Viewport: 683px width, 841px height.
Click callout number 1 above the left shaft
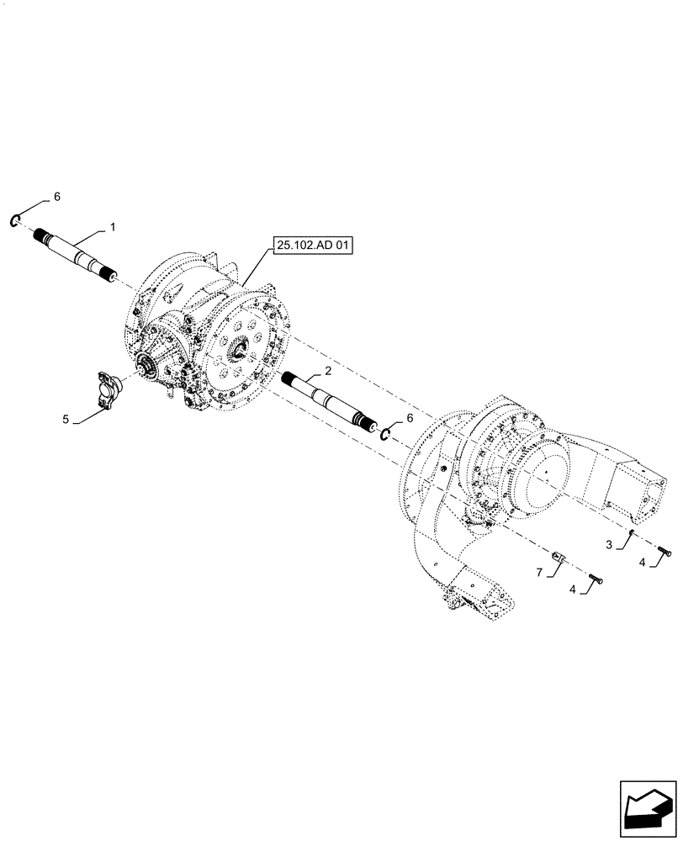pos(112,228)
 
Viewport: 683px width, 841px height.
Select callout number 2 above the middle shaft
pos(328,371)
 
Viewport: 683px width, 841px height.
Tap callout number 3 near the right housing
pos(609,545)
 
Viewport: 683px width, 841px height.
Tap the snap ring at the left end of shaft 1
pos(15,221)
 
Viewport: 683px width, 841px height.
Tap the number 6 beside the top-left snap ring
pos(56,196)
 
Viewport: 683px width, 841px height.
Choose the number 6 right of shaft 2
pos(410,417)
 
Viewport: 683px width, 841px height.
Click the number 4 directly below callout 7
pos(573,590)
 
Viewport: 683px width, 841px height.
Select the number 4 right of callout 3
pos(642,563)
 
